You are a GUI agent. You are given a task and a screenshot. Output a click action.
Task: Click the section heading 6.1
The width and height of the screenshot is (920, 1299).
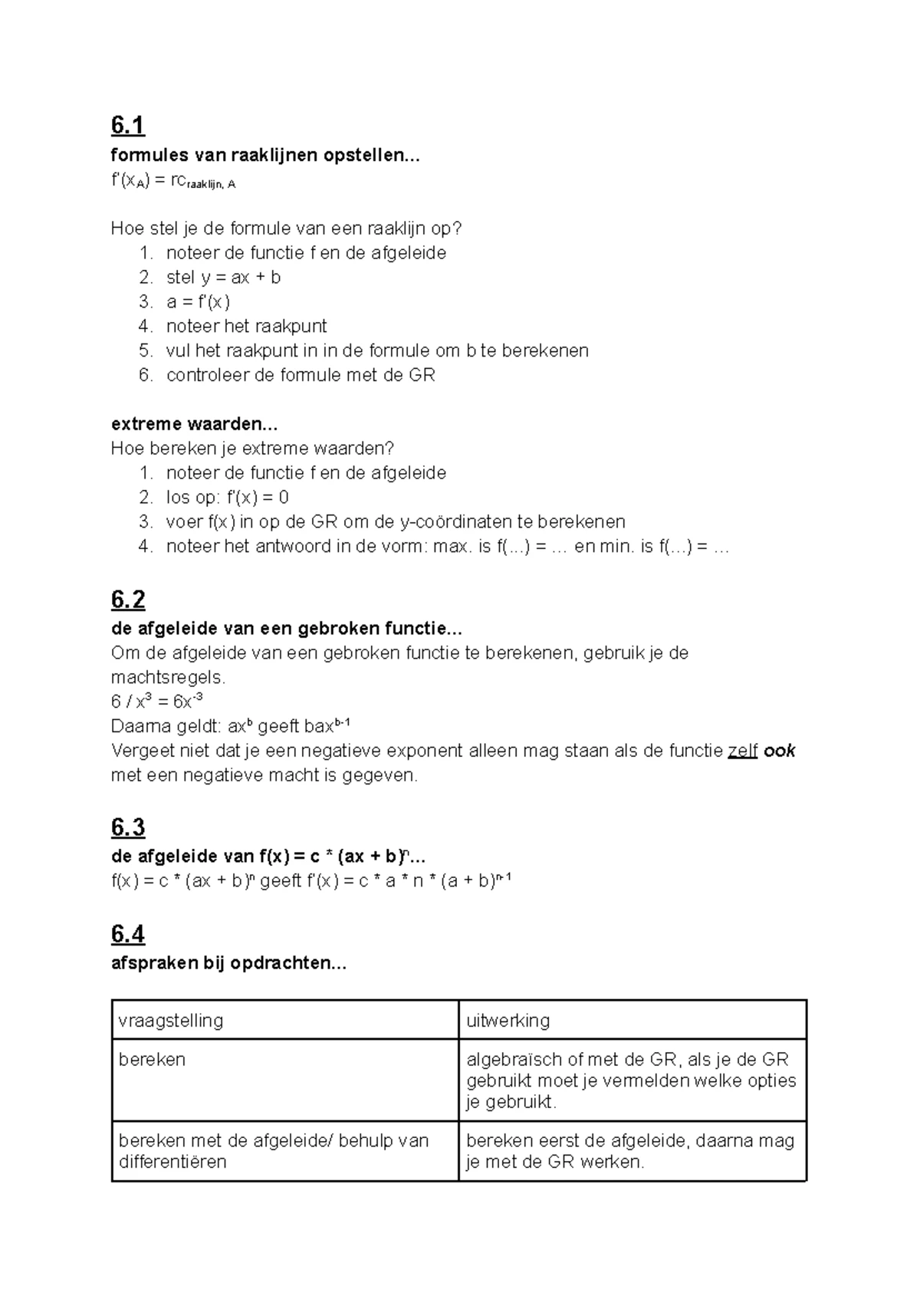coord(127,125)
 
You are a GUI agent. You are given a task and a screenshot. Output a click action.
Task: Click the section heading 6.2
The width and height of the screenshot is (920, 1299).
coord(127,599)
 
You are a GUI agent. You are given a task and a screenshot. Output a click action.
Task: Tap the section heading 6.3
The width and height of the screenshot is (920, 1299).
coord(127,827)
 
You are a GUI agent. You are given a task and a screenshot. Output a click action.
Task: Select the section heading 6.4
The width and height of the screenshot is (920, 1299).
coord(127,934)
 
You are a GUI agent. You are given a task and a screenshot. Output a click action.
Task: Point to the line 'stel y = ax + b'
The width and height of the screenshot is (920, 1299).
coord(223,278)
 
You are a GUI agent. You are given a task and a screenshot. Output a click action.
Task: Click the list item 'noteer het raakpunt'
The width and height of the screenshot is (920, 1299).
coord(246,327)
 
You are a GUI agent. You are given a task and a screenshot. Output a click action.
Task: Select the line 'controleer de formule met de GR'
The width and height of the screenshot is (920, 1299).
coord(300,376)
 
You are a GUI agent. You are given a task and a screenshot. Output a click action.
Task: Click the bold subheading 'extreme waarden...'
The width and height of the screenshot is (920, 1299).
coord(194,424)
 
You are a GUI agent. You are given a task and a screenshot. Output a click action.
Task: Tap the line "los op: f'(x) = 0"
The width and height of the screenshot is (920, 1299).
coord(227,498)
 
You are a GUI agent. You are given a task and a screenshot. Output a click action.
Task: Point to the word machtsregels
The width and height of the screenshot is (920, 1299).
coord(168,678)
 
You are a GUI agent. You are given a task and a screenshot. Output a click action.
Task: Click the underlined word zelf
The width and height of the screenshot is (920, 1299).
coord(742,751)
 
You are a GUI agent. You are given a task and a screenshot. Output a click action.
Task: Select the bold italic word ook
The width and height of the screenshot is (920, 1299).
coord(780,751)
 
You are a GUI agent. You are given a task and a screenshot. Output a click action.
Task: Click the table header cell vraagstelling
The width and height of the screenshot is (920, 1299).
coord(171,1021)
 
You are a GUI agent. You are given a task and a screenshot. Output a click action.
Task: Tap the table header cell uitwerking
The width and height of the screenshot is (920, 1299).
coord(508,1021)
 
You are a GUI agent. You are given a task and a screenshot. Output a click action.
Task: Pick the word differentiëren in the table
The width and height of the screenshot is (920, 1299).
coord(172,1163)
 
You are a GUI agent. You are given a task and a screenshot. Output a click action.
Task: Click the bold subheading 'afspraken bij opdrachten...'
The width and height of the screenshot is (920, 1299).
coord(228,964)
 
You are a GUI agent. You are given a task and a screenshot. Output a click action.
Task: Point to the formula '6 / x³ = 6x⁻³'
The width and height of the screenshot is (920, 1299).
coord(156,702)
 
